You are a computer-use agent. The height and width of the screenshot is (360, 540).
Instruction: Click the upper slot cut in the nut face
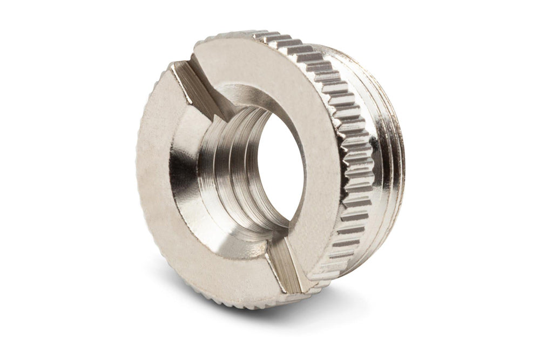pyautogui.click(x=197, y=86)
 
